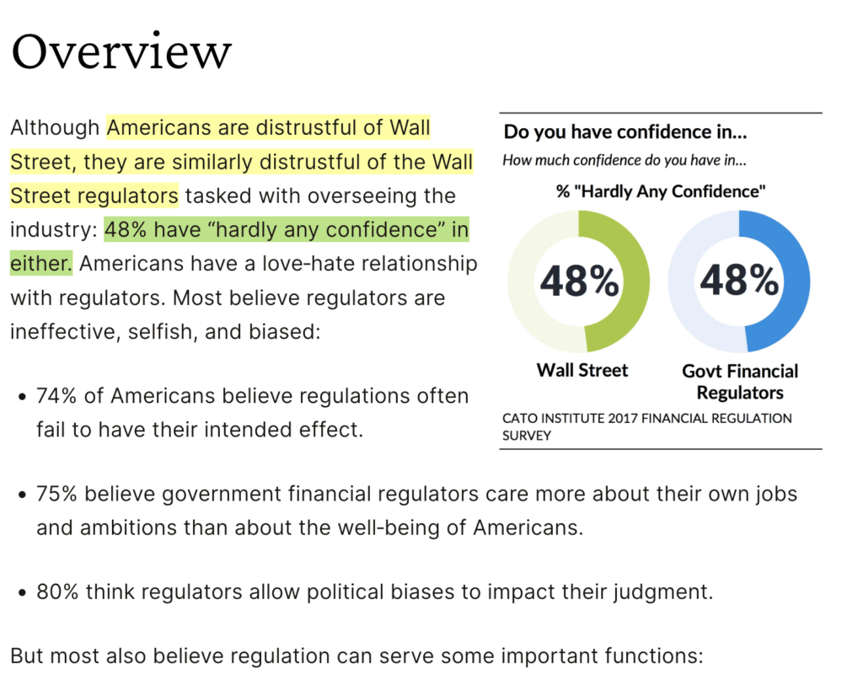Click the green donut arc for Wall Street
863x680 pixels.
point(636,281)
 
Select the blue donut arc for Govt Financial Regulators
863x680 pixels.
point(796,281)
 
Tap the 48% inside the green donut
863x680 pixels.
point(579,281)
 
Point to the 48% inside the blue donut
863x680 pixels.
point(739,281)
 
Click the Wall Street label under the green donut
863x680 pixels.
point(582,370)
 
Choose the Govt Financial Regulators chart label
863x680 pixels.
point(740,382)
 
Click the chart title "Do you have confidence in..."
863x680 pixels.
point(625,132)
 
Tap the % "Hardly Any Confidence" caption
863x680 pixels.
point(661,191)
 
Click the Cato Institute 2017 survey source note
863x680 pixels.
point(646,426)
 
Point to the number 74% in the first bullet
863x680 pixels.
point(56,396)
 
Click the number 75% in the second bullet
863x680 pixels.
point(56,494)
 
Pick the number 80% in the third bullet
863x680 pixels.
point(56,592)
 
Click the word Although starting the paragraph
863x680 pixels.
point(55,128)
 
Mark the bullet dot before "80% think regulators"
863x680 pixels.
point(20,592)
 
